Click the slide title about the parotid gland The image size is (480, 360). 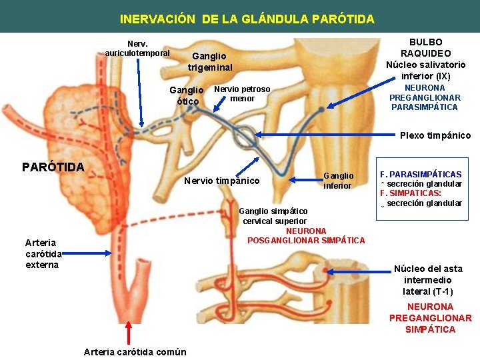(x=247, y=19)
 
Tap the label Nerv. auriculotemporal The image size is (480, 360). (x=137, y=48)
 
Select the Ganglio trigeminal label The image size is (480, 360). (x=210, y=62)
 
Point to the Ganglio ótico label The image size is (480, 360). (x=187, y=95)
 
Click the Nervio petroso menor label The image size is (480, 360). (x=242, y=93)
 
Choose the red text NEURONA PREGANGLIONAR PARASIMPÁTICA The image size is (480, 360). (x=425, y=97)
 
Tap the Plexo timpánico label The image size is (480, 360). (x=435, y=135)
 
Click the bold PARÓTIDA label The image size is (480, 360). (x=53, y=167)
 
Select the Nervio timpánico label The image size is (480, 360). (x=221, y=180)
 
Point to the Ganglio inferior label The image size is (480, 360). (x=338, y=180)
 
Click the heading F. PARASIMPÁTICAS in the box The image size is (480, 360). (x=421, y=174)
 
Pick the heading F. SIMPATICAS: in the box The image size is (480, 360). (x=411, y=193)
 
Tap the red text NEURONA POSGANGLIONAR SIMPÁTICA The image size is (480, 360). (x=306, y=235)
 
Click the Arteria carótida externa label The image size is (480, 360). (x=41, y=253)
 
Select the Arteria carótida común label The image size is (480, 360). (x=135, y=351)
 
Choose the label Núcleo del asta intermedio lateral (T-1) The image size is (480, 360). (x=427, y=280)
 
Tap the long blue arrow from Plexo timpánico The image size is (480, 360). (x=320, y=135)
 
